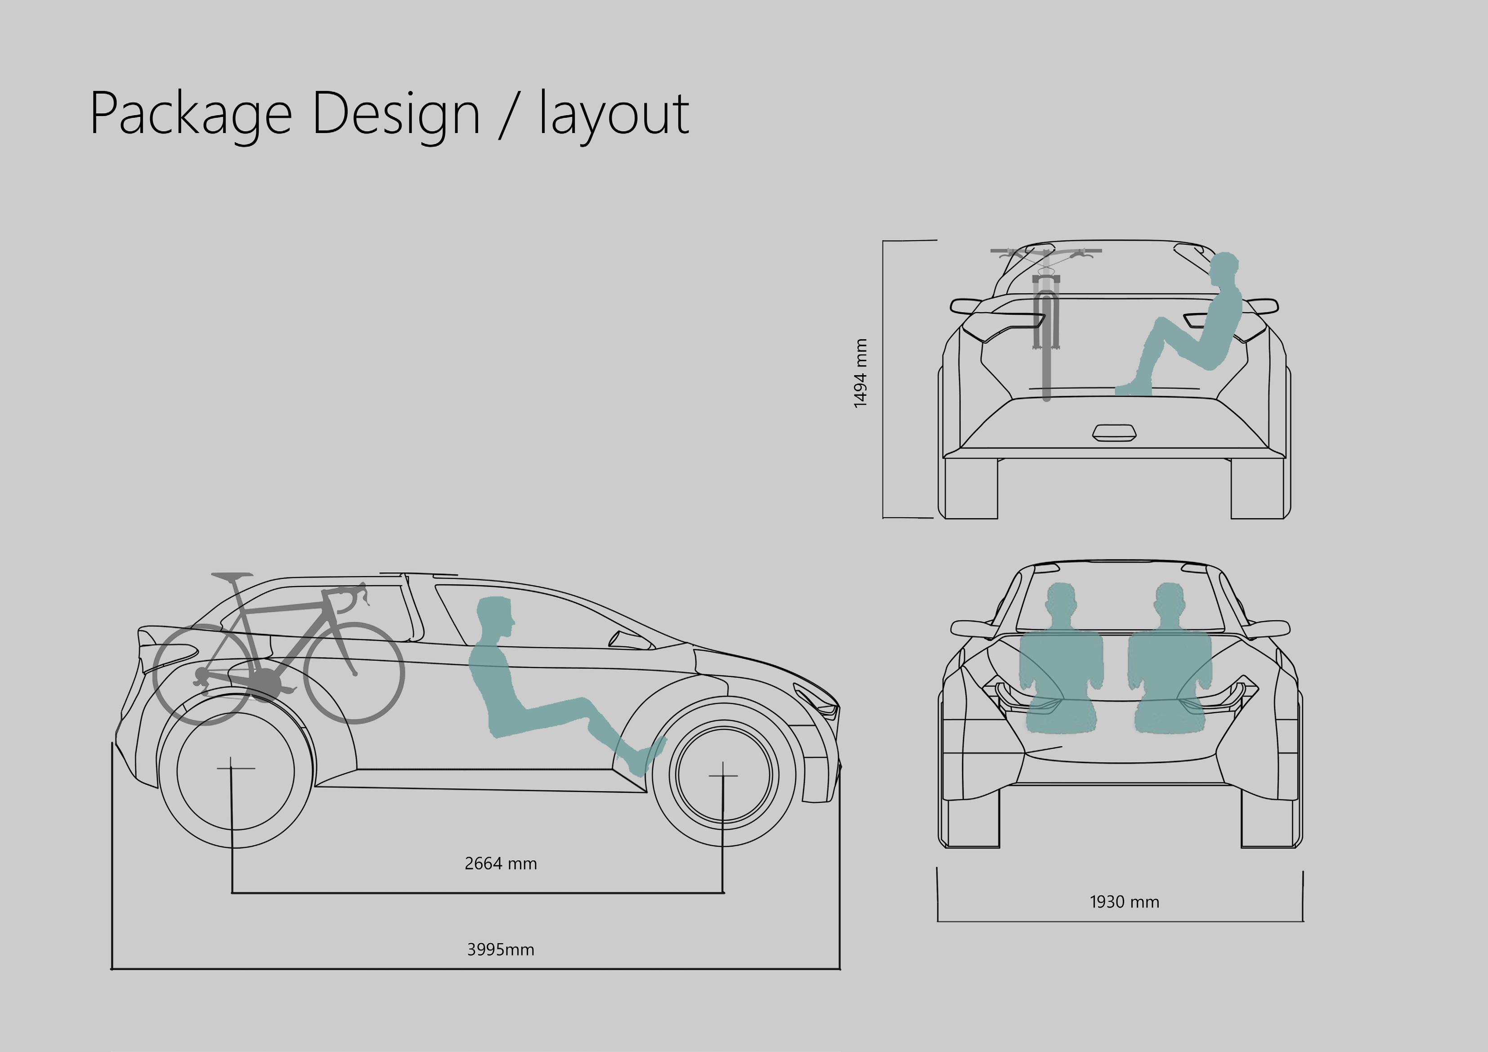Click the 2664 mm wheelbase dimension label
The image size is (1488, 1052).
(500, 864)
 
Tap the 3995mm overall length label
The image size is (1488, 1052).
(500, 949)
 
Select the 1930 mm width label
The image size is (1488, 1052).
(1125, 902)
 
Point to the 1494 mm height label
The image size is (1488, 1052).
(861, 373)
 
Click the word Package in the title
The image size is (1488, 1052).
(191, 114)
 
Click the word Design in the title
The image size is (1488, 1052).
(395, 114)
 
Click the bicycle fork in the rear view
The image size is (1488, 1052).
(1046, 311)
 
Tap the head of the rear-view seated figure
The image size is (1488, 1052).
(1224, 268)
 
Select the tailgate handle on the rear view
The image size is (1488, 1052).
(1114, 433)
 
